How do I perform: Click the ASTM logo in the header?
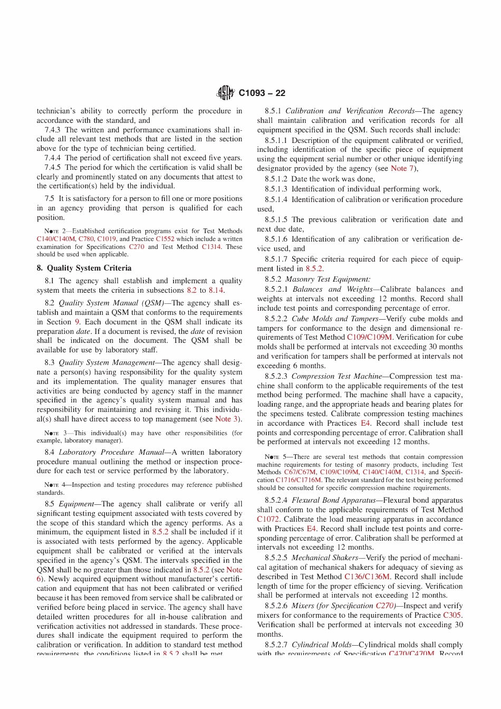[x=225, y=93]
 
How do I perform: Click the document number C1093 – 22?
[x=262, y=93]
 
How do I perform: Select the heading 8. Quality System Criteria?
[x=84, y=268]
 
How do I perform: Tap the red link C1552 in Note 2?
[x=165, y=239]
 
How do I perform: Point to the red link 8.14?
[x=216, y=290]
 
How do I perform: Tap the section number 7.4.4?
[x=53, y=158]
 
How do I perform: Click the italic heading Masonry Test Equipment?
[x=327, y=279]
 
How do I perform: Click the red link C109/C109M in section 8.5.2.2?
[x=369, y=337]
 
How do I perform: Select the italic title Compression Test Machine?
[x=337, y=376]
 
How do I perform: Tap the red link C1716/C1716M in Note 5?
[x=299, y=480]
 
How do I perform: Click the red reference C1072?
[x=268, y=519]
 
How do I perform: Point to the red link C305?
[x=452, y=615]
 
